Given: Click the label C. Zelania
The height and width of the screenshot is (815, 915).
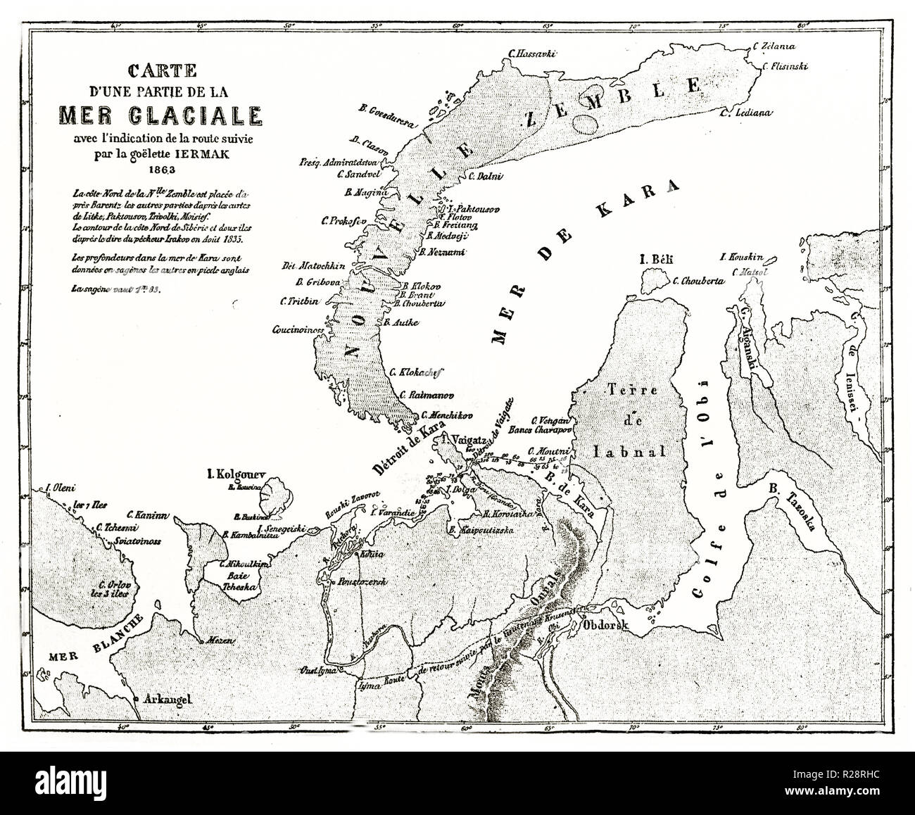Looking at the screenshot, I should pyautogui.click(x=774, y=46).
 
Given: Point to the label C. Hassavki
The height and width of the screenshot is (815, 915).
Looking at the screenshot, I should pyautogui.click(x=533, y=53).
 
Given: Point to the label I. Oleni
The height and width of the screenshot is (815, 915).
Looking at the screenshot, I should pyautogui.click(x=61, y=487).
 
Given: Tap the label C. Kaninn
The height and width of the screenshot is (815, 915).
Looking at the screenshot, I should pyautogui.click(x=146, y=515).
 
